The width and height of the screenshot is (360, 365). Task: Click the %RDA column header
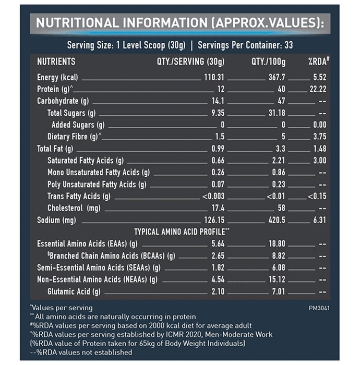319,62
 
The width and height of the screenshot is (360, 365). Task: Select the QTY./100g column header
268,62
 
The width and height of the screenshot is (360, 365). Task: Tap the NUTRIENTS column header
56,62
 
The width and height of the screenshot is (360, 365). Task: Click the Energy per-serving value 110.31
214,77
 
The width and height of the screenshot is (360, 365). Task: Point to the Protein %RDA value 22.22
318,89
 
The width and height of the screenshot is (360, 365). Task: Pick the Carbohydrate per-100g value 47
281,101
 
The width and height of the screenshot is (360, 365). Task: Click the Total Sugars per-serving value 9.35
218,113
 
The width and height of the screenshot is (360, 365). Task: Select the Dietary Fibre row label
74,137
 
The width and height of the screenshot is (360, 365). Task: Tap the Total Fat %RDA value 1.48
320,149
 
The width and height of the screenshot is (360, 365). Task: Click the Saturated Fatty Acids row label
86,161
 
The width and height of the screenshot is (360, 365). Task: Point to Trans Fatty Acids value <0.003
213,196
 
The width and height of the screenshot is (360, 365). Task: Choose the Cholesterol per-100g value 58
281,208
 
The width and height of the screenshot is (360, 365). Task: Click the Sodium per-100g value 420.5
277,220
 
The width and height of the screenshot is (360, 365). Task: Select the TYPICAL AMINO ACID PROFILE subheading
182,232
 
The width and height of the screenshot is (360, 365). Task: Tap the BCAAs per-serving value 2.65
218,256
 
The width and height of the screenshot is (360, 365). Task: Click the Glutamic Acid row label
74,291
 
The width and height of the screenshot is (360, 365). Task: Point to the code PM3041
319,308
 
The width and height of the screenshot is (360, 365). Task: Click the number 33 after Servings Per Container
289,45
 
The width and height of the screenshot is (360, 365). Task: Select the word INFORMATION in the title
165,23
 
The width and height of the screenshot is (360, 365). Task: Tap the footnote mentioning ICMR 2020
151,335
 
